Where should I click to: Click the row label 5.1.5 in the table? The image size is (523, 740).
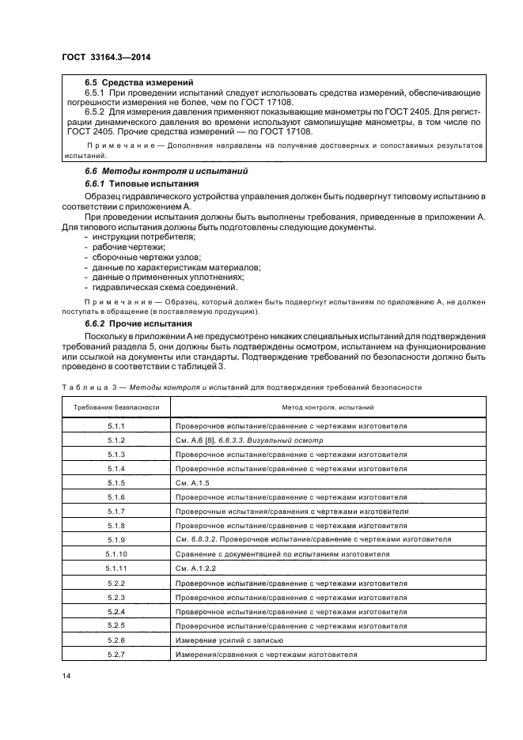coord(116,482)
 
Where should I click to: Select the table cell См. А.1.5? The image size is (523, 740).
coord(193,482)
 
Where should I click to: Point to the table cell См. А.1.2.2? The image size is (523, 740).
coord(196,568)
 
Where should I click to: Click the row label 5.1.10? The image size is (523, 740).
coord(116,554)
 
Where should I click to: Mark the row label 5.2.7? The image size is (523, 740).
coord(116,655)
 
